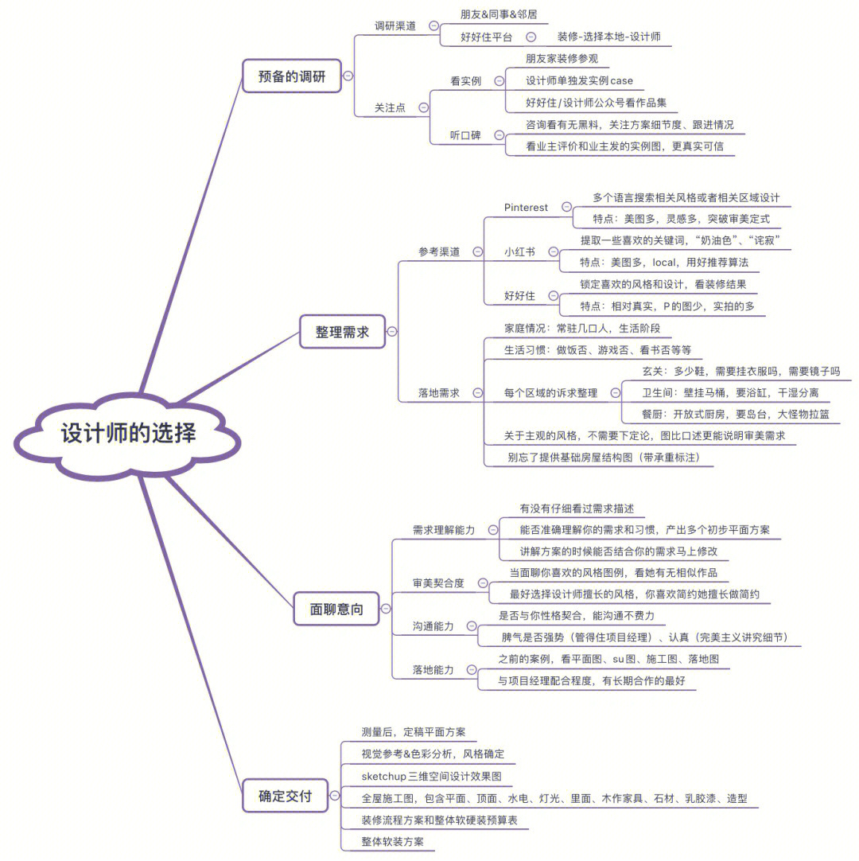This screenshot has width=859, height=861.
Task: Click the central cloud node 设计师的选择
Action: pyautogui.click(x=128, y=434)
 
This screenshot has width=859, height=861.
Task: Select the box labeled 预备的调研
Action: pyautogui.click(x=292, y=76)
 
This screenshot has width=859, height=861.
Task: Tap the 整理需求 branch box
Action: pyautogui.click(x=342, y=332)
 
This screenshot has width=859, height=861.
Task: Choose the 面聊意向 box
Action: pyautogui.click(x=336, y=609)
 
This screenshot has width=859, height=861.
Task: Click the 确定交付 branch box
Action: pyautogui.click(x=285, y=795)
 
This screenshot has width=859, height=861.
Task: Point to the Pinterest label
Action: pyautogui.click(x=526, y=208)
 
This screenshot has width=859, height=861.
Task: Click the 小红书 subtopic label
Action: pyautogui.click(x=519, y=251)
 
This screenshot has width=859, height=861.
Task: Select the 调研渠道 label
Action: pyautogui.click(x=395, y=25)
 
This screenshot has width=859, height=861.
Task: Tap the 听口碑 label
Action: pyautogui.click(x=465, y=135)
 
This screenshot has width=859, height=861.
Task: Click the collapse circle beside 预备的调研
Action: pyautogui.click(x=348, y=76)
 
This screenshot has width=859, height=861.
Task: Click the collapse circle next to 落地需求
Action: pyautogui.click(x=476, y=392)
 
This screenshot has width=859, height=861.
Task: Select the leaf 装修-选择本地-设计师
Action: pyautogui.click(x=608, y=37)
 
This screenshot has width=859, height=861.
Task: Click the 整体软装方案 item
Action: pyautogui.click(x=393, y=841)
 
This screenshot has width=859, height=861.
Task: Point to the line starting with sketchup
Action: pyautogui.click(x=431, y=776)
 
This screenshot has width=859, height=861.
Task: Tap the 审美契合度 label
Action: pyautogui.click(x=438, y=583)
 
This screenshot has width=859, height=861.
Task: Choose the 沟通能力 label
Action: pyautogui.click(x=433, y=626)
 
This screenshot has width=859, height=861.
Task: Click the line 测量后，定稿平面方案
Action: pyautogui.click(x=414, y=732)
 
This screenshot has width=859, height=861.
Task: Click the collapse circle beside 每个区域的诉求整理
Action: pyautogui.click(x=615, y=392)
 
